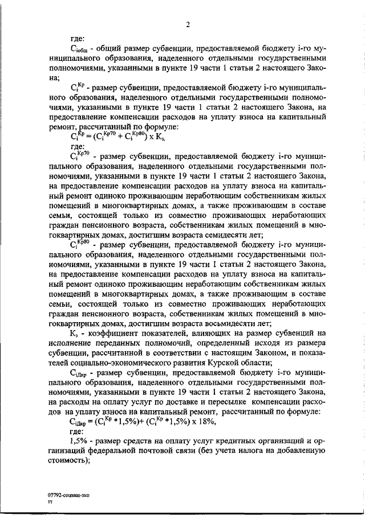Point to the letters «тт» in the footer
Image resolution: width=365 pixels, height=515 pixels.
[x=50, y=502]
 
